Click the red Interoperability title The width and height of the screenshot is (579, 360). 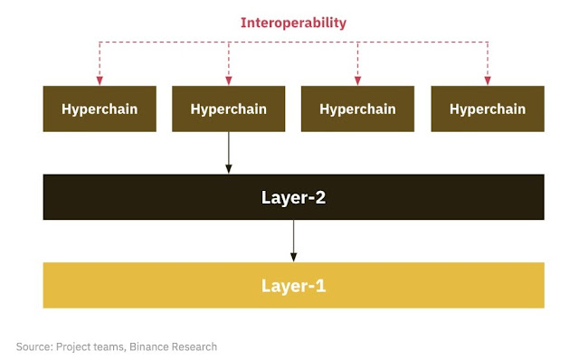292,23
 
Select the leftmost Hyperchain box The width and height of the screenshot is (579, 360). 100,109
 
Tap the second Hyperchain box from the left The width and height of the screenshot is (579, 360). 228,109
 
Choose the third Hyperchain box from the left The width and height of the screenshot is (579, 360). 357,109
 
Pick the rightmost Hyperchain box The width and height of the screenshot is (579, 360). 487,109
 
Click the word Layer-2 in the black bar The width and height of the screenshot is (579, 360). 293,196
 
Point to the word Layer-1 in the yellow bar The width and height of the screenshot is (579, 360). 293,286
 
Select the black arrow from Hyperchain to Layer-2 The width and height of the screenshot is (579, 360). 229,152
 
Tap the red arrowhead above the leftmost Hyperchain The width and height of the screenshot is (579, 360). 100,79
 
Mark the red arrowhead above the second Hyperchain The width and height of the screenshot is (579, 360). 229,79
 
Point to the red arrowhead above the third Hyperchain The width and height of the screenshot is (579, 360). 358,79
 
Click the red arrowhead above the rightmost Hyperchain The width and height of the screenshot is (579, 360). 488,79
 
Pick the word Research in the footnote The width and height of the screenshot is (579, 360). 199,346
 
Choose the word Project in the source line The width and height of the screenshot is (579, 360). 77,346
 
